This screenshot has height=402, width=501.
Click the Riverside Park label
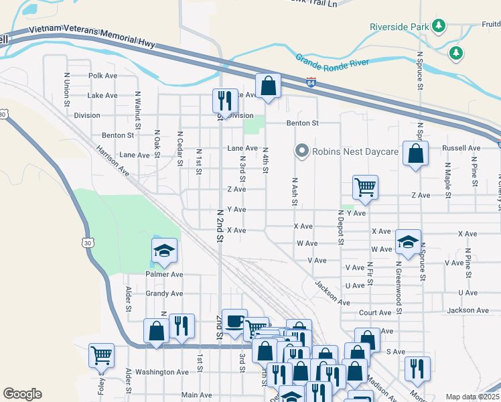click(x=399, y=27)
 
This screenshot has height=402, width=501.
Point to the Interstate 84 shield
click(x=311, y=82)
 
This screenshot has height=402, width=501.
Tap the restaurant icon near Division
click(x=225, y=100)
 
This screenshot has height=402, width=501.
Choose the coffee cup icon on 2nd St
click(x=234, y=321)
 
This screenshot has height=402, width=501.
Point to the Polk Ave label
click(x=102, y=76)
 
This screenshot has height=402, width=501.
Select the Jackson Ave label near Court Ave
click(x=468, y=310)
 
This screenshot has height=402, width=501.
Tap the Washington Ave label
click(x=162, y=372)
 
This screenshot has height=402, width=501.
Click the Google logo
click(x=22, y=394)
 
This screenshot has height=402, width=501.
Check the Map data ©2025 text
click(x=472, y=397)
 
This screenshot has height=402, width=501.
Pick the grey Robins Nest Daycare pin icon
click(x=301, y=151)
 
